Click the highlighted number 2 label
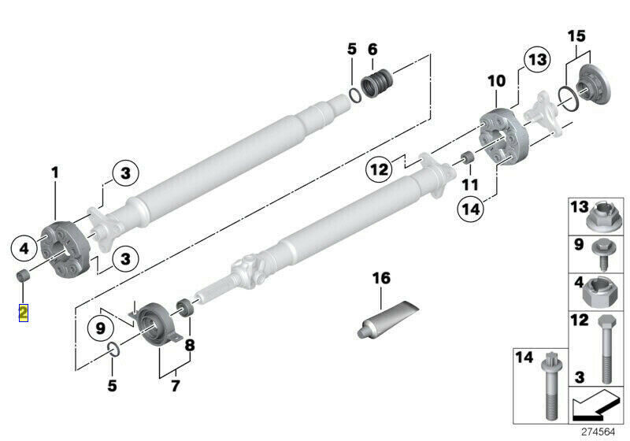(x=24, y=313)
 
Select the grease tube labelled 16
(x=387, y=319)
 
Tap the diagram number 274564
(x=598, y=432)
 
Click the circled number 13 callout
(x=537, y=60)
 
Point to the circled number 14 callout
(x=471, y=209)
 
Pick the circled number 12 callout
(x=379, y=169)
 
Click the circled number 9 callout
(x=101, y=328)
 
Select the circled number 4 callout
(x=24, y=248)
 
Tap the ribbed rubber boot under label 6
(x=377, y=83)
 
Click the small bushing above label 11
(x=467, y=157)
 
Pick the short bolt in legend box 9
(x=602, y=254)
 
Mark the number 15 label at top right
(x=576, y=36)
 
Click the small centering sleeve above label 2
(x=24, y=276)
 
